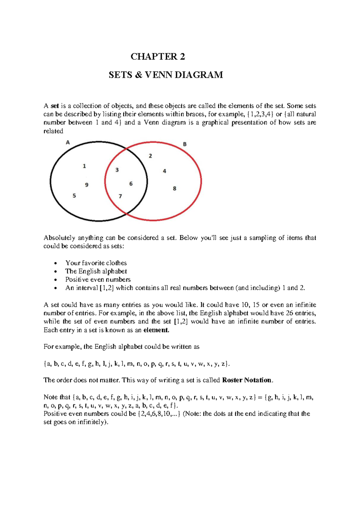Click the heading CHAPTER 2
158,56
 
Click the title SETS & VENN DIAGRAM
166,75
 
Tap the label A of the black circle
68,143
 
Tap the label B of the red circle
185,144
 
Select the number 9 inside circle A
87,185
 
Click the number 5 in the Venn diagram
74,196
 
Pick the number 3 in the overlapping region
117,170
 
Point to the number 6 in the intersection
131,184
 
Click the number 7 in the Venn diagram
120,196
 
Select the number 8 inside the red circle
175,188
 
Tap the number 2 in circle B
150,156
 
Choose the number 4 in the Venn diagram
164,171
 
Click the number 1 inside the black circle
84,166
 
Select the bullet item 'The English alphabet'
96,271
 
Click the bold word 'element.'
156,330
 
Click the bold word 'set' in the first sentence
55,106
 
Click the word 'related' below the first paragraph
53,131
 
